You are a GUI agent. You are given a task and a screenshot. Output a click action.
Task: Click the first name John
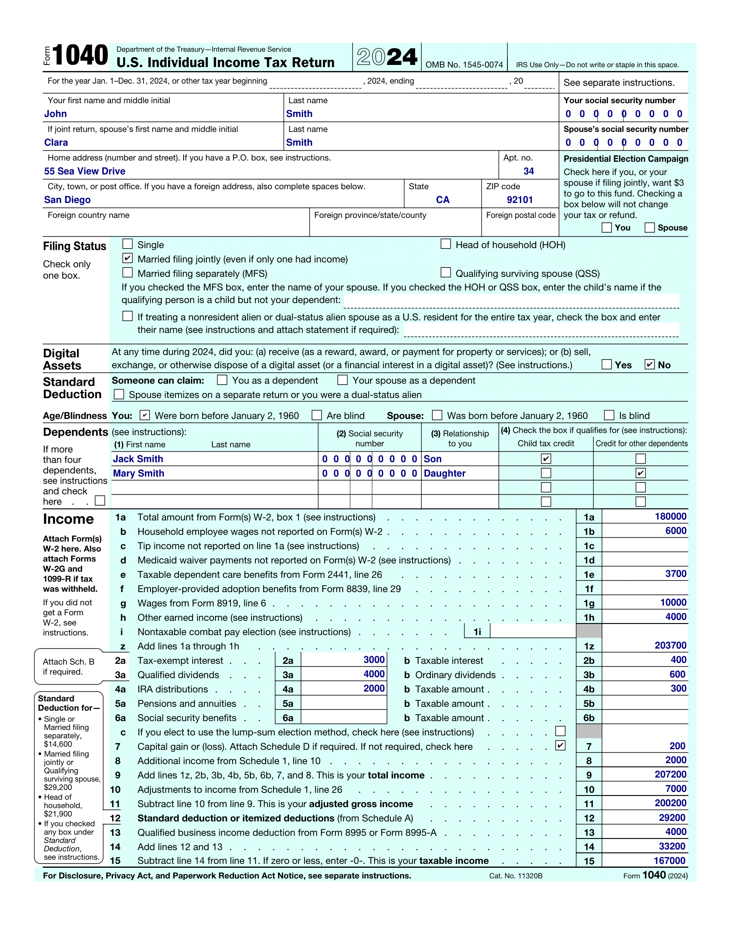coord(55,114)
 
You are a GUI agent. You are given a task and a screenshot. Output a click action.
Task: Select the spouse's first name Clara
coord(56,142)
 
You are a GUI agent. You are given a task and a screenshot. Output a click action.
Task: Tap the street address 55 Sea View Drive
coord(84,171)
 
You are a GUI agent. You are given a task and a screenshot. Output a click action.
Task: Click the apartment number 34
coord(528,171)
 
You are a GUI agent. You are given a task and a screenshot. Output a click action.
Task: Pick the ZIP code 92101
coord(520,200)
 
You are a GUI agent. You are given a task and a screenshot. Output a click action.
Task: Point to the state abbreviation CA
coord(442,200)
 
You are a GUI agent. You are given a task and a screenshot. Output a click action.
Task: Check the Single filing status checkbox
coord(127,244)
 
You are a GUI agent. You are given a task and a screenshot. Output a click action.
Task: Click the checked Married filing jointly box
coord(127,258)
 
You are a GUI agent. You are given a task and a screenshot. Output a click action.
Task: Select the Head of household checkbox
coord(445,244)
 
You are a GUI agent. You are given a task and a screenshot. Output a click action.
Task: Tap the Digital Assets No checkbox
coord(650,364)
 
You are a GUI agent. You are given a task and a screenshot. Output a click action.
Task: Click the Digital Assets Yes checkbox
coord(607,364)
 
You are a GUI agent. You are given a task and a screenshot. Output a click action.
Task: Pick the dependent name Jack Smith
coord(138,459)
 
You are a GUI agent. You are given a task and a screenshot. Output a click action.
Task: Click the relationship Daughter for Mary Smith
coord(444,473)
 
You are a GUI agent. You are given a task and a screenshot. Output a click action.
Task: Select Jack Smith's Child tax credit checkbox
coord(546,459)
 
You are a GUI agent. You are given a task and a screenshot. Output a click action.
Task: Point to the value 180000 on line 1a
coord(670,516)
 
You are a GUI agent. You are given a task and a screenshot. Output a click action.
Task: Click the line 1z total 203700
coord(670,645)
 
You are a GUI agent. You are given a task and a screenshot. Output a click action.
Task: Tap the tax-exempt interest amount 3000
coord(374,660)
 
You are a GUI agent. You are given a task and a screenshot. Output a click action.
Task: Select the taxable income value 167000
coord(670,861)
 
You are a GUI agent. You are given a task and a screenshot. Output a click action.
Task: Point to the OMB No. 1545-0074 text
coord(464,64)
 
